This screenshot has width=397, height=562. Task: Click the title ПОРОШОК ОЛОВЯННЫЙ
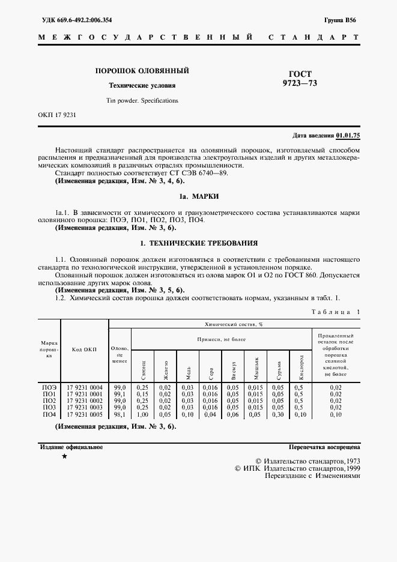142,71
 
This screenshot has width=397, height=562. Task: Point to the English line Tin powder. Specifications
142,100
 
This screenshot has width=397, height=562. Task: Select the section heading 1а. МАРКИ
199,196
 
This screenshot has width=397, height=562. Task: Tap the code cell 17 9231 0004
84,387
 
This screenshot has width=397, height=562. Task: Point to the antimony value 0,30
277,414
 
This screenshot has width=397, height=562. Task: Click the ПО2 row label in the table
49,400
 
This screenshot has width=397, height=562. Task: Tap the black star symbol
64,458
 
